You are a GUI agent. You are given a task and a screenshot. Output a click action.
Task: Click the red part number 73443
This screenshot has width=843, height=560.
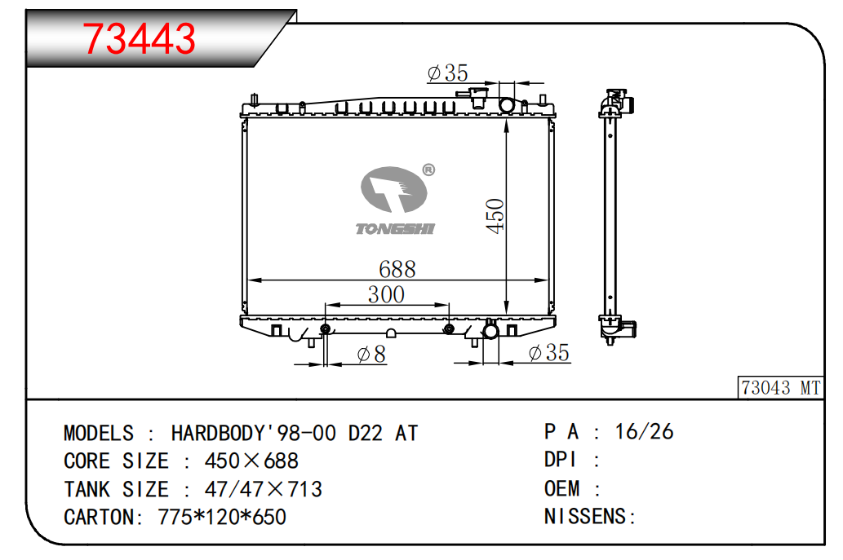click(139, 38)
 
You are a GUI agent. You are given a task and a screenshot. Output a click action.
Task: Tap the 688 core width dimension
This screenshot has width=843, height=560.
click(397, 269)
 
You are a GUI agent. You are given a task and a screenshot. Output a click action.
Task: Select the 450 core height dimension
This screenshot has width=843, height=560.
click(495, 216)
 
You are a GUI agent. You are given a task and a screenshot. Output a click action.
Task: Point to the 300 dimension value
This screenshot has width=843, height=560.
click(386, 294)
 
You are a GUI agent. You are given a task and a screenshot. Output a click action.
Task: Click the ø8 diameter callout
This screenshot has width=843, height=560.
click(371, 354)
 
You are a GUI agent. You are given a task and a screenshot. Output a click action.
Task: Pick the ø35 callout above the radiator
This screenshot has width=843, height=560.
click(448, 73)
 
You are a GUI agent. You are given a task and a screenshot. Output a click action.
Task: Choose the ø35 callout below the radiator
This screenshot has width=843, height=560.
click(549, 353)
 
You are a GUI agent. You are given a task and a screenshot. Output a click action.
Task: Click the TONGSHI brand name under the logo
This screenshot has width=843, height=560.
click(395, 229)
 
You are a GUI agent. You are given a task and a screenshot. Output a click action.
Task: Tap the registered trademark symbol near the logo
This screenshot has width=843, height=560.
click(428, 170)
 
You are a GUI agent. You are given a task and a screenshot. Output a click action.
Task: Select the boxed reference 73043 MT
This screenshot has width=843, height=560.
click(781, 388)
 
